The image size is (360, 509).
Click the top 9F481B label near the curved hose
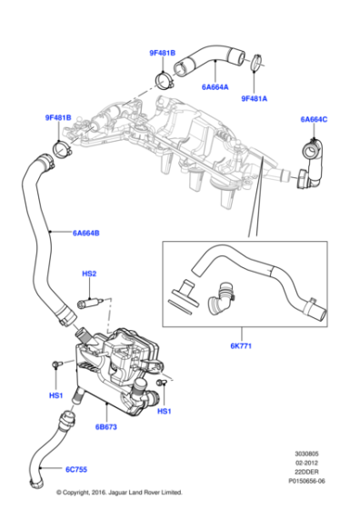point(164,53)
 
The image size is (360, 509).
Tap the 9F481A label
point(255,98)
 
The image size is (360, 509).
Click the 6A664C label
point(314,119)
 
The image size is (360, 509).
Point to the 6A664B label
point(86,234)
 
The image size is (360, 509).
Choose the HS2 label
point(89,274)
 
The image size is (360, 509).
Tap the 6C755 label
point(78,471)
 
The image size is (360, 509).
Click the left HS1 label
point(55,395)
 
